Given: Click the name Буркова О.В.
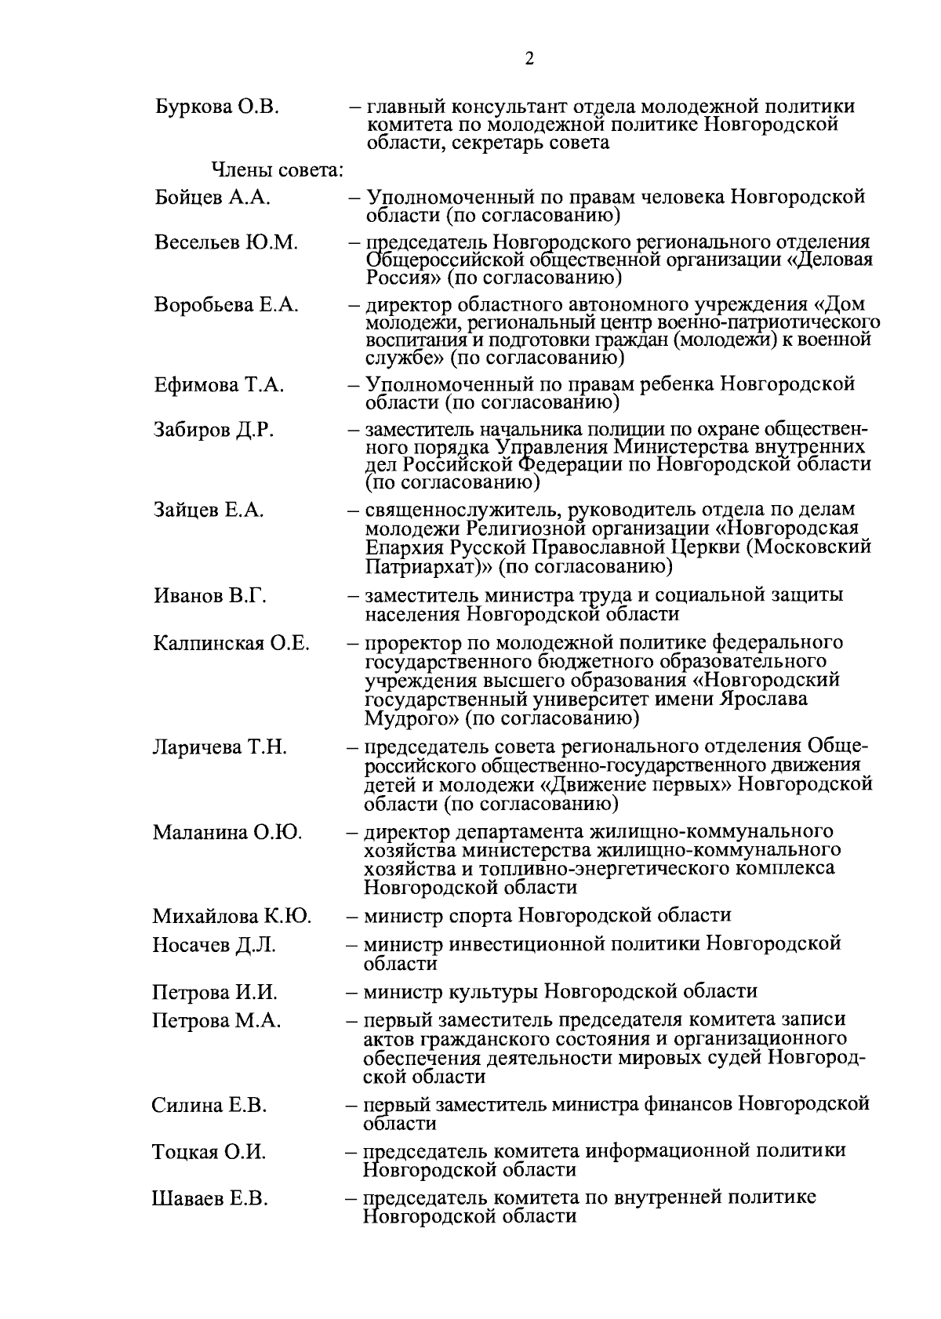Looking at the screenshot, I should click(217, 107).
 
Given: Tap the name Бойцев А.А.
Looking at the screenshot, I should click(213, 198).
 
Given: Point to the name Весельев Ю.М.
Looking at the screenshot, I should click(226, 242).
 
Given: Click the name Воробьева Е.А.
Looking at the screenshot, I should click(226, 305).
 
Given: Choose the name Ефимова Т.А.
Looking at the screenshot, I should click(219, 385).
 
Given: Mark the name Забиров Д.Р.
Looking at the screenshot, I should click(214, 431).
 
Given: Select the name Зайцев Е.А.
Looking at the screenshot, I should click(209, 511).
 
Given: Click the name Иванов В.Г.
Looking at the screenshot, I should click(209, 596).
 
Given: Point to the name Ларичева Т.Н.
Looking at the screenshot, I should click(220, 747).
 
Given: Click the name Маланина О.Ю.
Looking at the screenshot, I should click(227, 832).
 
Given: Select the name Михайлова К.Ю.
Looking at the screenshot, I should click(231, 916).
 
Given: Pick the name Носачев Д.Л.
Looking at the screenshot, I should click(213, 945).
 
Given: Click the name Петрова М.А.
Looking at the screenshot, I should click(216, 1021).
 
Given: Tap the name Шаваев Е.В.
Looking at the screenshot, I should click(209, 1199).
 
